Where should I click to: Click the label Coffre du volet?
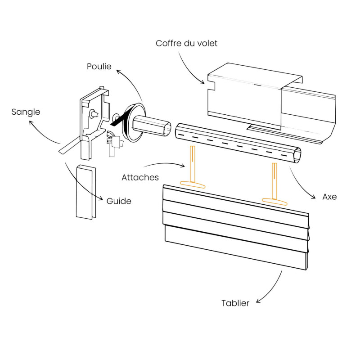click(x=187, y=44)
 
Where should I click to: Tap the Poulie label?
click(x=99, y=66)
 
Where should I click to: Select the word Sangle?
click(x=26, y=112)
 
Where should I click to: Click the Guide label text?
click(x=119, y=201)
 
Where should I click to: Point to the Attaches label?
click(x=140, y=177)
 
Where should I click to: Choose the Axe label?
click(x=329, y=197)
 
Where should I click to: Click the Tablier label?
click(x=235, y=303)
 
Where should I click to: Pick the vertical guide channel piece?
click(x=85, y=192)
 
